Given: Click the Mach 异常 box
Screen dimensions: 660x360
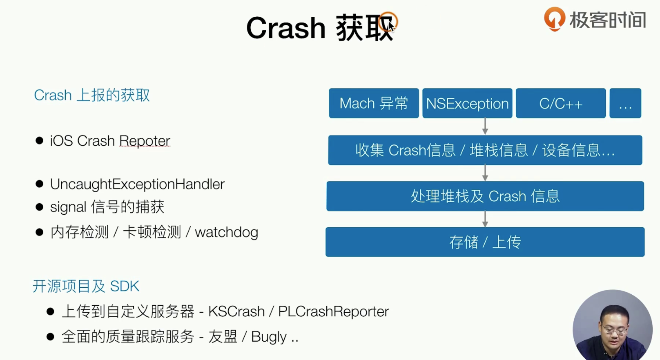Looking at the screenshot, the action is [x=374, y=103].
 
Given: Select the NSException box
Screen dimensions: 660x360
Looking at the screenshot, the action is [x=467, y=103].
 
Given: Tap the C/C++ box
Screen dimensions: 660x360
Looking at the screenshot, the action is [x=561, y=103].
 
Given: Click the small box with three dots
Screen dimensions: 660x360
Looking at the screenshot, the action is [x=625, y=103].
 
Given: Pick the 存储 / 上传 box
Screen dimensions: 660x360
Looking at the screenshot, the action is [x=485, y=242].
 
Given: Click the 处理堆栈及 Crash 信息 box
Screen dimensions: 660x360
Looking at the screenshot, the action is [x=485, y=196].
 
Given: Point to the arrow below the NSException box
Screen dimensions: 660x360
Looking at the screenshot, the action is [x=485, y=127].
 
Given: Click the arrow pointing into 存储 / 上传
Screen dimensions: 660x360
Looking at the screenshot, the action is [x=485, y=219].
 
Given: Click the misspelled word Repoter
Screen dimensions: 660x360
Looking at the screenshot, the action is [x=145, y=141].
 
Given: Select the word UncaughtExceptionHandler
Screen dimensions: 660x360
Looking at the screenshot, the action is [x=137, y=184].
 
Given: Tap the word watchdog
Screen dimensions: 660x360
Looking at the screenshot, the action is [x=227, y=233].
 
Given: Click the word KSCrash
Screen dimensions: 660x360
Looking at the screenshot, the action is [x=236, y=311].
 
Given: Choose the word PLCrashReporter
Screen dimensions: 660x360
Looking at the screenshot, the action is [x=334, y=311].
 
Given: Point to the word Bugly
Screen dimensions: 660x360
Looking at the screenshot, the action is [x=269, y=337].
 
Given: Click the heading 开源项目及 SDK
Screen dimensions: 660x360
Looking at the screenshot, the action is [x=86, y=286].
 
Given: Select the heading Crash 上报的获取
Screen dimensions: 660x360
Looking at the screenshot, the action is [x=91, y=96].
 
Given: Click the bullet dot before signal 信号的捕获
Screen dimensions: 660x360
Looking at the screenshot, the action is [x=39, y=207].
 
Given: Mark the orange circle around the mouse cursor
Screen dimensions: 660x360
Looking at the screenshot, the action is [x=388, y=22].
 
